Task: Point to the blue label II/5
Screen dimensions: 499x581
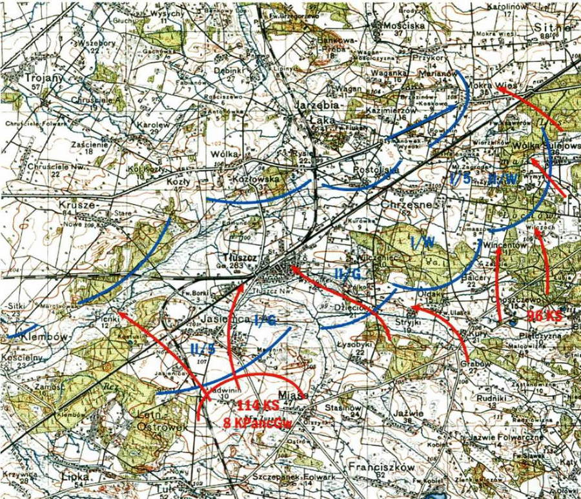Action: coord(203,350)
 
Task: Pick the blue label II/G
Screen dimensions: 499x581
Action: coord(346,274)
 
